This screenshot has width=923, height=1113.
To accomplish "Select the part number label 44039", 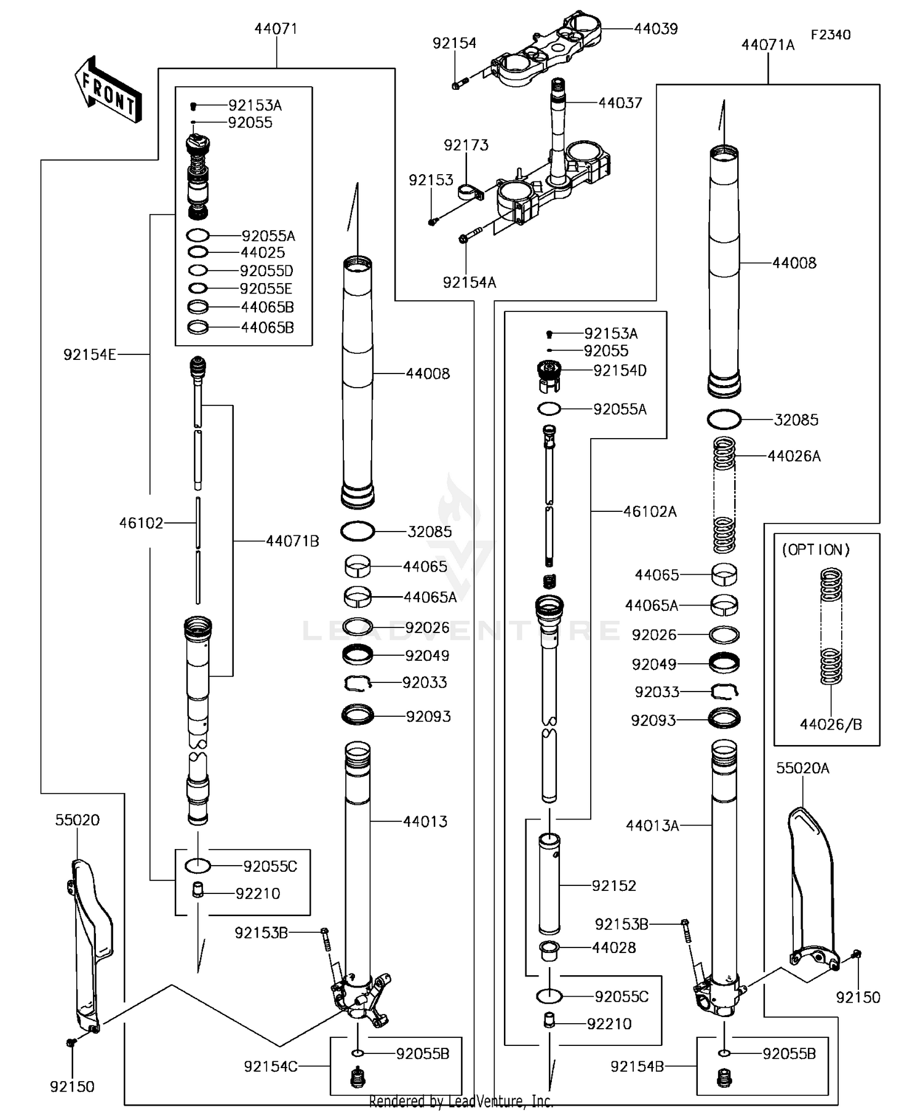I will [x=655, y=29].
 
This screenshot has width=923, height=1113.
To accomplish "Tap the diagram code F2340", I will [x=830, y=34].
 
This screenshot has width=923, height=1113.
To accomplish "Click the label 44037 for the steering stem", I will [x=620, y=103].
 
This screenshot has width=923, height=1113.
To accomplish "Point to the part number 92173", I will [x=466, y=145].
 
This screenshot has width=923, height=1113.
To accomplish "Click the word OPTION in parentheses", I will [x=815, y=549].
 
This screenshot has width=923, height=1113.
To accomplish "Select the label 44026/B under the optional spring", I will [x=831, y=724].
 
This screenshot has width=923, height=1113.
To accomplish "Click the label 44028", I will [x=613, y=947].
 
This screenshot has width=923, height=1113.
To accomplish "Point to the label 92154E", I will [x=89, y=354].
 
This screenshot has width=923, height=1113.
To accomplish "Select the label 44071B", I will [x=292, y=541].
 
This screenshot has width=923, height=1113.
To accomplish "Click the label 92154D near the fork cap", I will [x=620, y=370].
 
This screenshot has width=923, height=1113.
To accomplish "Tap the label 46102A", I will [x=649, y=511].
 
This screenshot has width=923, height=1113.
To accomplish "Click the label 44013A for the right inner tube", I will [x=652, y=825].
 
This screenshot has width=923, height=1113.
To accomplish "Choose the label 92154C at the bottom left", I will [x=270, y=1066].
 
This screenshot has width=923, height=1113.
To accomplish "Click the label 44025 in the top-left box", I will [x=263, y=252].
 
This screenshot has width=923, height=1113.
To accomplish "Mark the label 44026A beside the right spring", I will [x=794, y=456].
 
